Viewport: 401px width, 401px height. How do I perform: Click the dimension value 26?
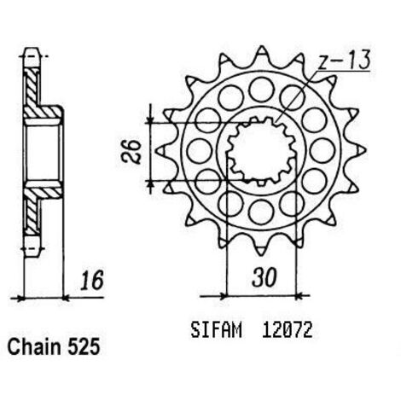point(131,152)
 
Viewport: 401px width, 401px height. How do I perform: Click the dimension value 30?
point(264,277)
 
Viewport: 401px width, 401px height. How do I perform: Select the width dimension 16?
point(91,281)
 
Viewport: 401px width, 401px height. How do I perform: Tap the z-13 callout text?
point(344,61)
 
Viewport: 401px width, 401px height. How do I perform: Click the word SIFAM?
point(216,330)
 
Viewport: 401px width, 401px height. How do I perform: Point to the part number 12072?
point(287,330)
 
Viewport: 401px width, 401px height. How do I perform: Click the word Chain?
point(34,346)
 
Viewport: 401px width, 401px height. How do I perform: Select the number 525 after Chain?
point(84,347)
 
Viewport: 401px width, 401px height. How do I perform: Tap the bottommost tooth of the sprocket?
point(261,247)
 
